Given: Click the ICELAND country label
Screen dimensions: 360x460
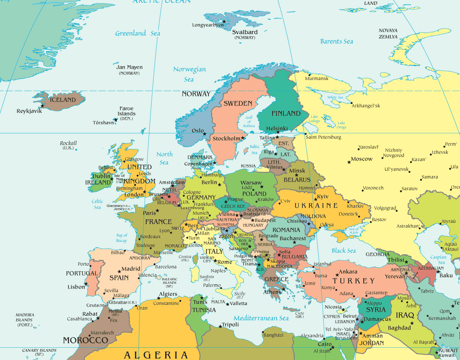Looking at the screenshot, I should [62, 100].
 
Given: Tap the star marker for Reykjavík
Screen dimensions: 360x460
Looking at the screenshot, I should [42, 106].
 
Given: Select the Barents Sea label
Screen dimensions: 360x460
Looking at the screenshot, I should [336, 41].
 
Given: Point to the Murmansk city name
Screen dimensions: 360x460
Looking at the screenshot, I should [317, 79].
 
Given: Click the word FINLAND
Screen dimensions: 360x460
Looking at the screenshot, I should [286, 113].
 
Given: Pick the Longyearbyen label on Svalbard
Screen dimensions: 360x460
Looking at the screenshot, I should [208, 25].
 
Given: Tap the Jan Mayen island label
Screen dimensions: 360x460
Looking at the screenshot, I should [129, 67].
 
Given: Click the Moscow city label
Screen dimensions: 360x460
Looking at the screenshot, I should [361, 159].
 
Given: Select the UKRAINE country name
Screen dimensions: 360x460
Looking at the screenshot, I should [316, 205].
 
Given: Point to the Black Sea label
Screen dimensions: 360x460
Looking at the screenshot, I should [344, 251].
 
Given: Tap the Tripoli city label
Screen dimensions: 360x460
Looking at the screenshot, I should [230, 325].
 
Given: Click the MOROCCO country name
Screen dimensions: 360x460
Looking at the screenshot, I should [85, 340].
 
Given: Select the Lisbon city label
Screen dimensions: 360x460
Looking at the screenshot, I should [76, 287].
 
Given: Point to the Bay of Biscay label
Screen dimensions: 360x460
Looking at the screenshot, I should [122, 238].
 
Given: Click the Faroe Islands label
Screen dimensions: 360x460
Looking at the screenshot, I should [126, 111].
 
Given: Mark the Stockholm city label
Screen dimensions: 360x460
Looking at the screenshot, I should [227, 139].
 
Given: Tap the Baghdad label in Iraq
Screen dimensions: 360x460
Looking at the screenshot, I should [399, 328].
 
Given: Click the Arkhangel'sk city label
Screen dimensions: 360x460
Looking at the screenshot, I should [366, 106].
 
